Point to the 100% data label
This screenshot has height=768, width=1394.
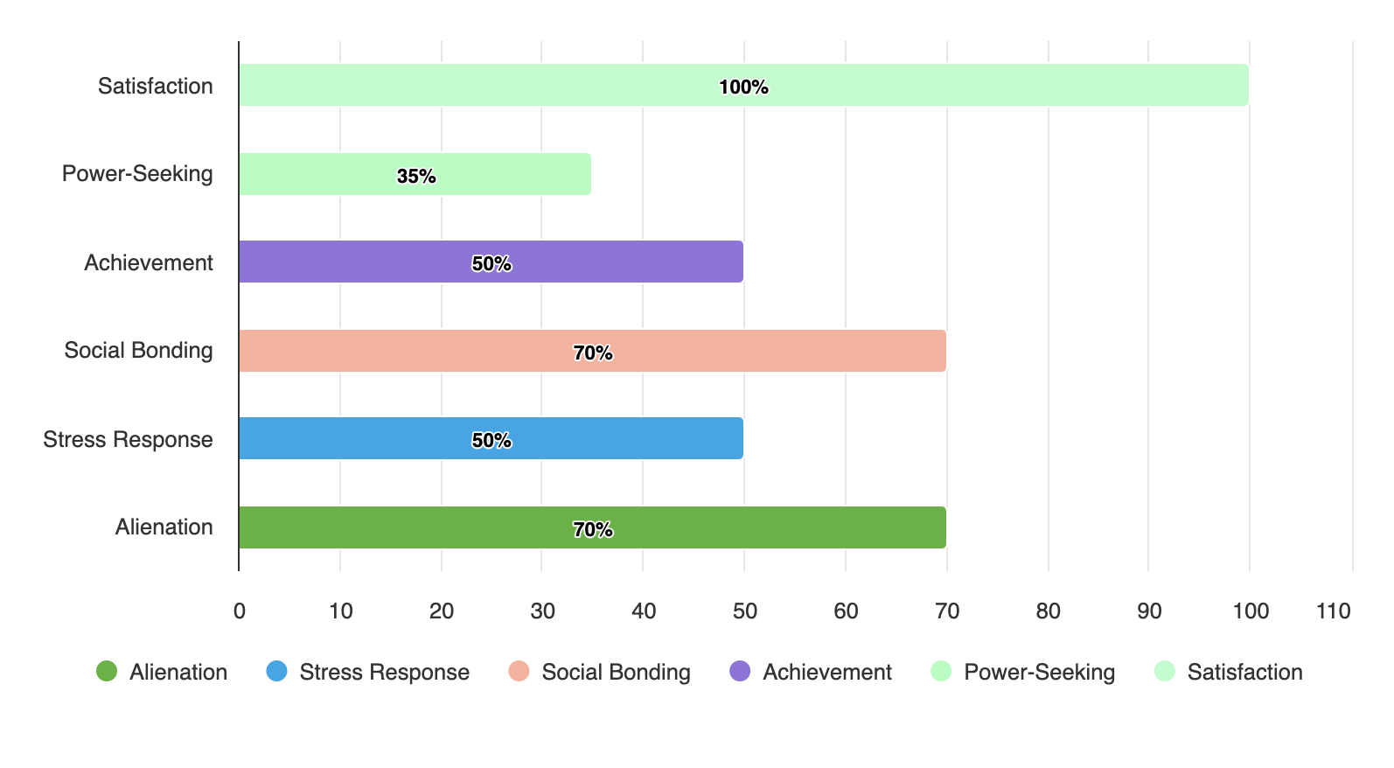click(743, 87)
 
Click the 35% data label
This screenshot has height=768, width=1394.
click(416, 176)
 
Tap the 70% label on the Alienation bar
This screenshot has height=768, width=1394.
click(593, 529)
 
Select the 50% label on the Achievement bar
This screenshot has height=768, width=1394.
click(491, 263)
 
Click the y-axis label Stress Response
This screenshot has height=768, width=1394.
click(128, 439)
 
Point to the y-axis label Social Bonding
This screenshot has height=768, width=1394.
click(138, 350)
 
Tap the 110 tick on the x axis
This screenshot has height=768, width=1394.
click(1333, 611)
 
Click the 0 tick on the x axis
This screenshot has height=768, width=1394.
click(239, 611)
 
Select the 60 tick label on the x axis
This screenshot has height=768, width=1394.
click(846, 611)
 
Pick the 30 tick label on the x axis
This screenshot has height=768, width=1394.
click(542, 611)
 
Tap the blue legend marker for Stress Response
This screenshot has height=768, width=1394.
click(276, 671)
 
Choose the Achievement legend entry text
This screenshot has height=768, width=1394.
click(826, 672)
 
